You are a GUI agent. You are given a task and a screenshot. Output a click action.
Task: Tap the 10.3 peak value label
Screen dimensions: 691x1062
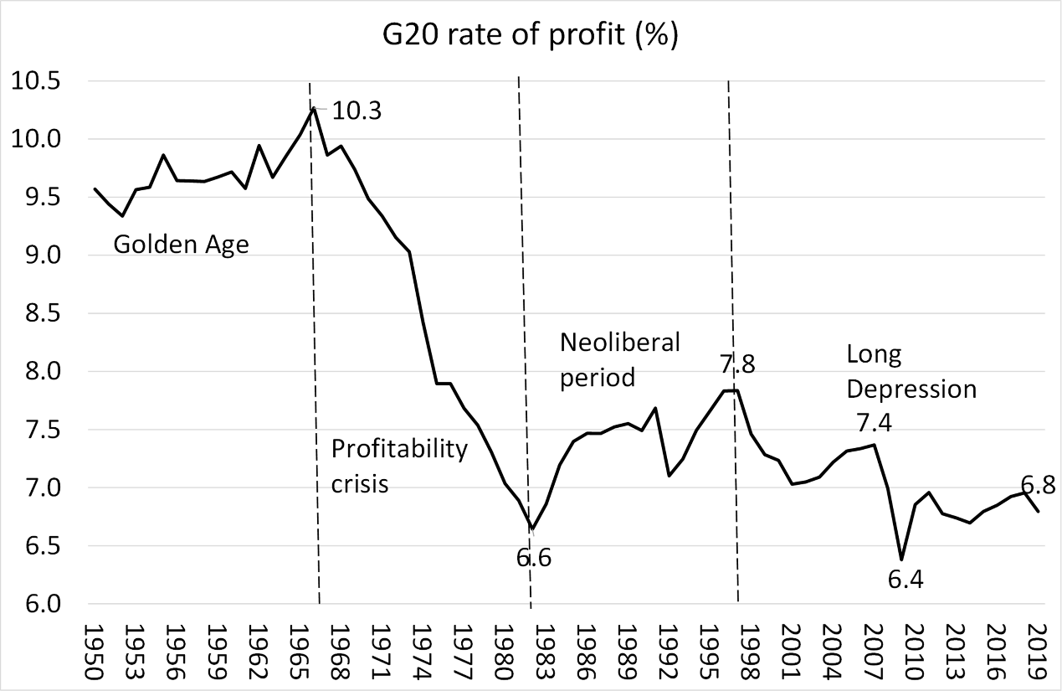pos(357,111)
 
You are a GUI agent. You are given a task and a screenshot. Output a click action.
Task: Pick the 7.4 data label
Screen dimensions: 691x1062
pos(875,421)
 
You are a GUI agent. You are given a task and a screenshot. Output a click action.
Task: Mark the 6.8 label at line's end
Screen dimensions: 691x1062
pos(1039,483)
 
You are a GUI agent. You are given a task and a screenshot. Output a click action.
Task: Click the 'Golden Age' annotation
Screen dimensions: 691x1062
pos(181,245)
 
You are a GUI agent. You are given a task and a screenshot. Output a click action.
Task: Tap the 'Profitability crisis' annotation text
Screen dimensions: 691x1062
pos(399,466)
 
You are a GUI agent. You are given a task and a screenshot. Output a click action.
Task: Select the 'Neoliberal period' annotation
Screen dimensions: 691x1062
pos(619,359)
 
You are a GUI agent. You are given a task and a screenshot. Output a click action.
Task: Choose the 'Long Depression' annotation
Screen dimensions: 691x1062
pos(911,372)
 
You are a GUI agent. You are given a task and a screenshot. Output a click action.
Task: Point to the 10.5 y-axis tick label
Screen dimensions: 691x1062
pos(34,81)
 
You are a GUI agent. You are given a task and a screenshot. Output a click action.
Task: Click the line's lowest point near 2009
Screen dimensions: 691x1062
pos(901,560)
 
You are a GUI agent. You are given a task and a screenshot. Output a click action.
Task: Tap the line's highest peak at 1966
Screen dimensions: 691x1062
pos(313,107)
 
